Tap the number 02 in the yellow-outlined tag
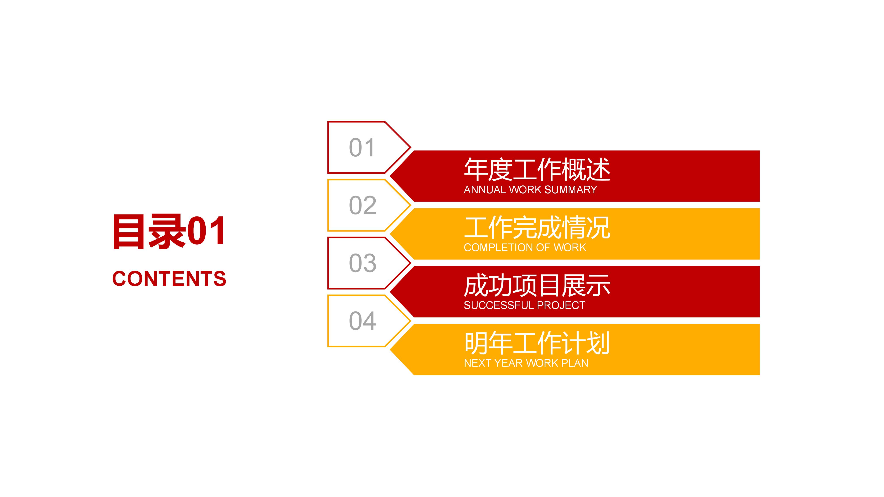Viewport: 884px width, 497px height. (362, 206)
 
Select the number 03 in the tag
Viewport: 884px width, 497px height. (362, 263)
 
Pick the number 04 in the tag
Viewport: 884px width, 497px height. (362, 321)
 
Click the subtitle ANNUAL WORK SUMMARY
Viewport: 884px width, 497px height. (530, 190)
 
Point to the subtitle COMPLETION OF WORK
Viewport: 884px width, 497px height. (525, 248)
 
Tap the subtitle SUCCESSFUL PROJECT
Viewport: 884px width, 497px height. (524, 305)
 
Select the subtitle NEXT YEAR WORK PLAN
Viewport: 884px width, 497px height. (526, 363)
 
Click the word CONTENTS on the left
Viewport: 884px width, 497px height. (169, 279)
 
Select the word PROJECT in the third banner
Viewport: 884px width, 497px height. (560, 305)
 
